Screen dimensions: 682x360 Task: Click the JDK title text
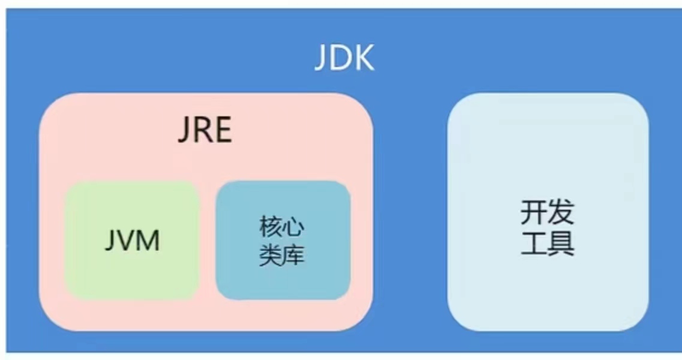coord(344,58)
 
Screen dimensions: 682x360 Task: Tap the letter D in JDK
coord(343,58)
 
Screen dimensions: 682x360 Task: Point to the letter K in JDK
coord(365,58)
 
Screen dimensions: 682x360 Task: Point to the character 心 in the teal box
coord(294,227)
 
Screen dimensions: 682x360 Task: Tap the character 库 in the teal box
coord(294,256)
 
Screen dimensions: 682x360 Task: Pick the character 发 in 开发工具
coord(561,212)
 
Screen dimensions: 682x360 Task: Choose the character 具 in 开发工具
coord(561,244)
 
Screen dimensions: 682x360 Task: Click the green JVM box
coord(132,276)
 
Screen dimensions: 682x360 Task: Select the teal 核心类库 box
coord(283,282)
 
